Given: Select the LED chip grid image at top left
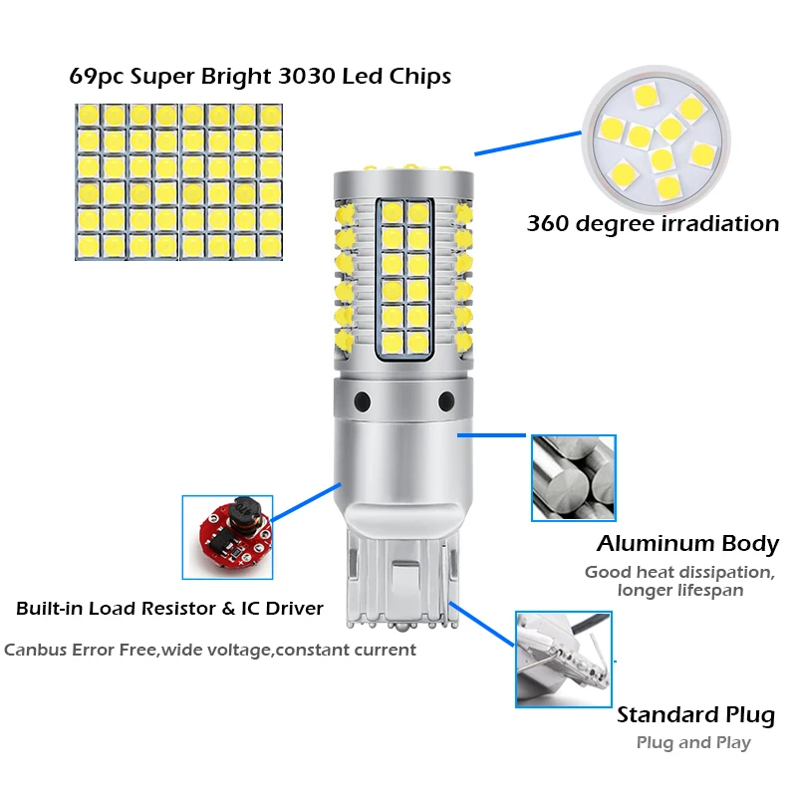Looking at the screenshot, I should [x=178, y=180].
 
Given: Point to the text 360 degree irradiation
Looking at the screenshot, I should [x=653, y=223].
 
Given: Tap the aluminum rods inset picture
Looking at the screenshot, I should [x=573, y=479].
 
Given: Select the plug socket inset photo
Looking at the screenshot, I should [x=563, y=659].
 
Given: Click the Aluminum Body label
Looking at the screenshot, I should [x=687, y=544].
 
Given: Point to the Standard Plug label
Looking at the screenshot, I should [x=695, y=715].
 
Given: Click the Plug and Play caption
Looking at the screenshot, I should [x=693, y=742].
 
